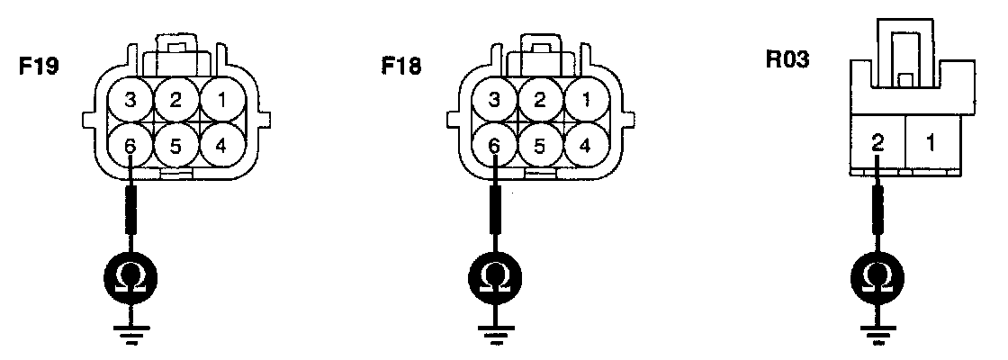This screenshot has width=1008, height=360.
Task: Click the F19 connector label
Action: [39, 67]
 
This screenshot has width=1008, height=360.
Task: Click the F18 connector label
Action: [401, 67]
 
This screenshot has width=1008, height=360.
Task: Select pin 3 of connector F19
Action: [131, 100]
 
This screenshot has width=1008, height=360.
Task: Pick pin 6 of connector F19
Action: [131, 144]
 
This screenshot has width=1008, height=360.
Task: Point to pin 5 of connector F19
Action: [176, 144]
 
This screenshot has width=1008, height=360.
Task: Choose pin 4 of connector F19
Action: [220, 144]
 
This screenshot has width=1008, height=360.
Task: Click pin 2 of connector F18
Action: [539, 100]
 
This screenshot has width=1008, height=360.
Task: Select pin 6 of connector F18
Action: [494, 144]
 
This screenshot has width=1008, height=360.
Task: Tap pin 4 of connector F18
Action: [584, 144]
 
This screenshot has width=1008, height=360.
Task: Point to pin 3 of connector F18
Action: [494, 100]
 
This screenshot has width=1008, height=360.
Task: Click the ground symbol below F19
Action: [131, 334]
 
